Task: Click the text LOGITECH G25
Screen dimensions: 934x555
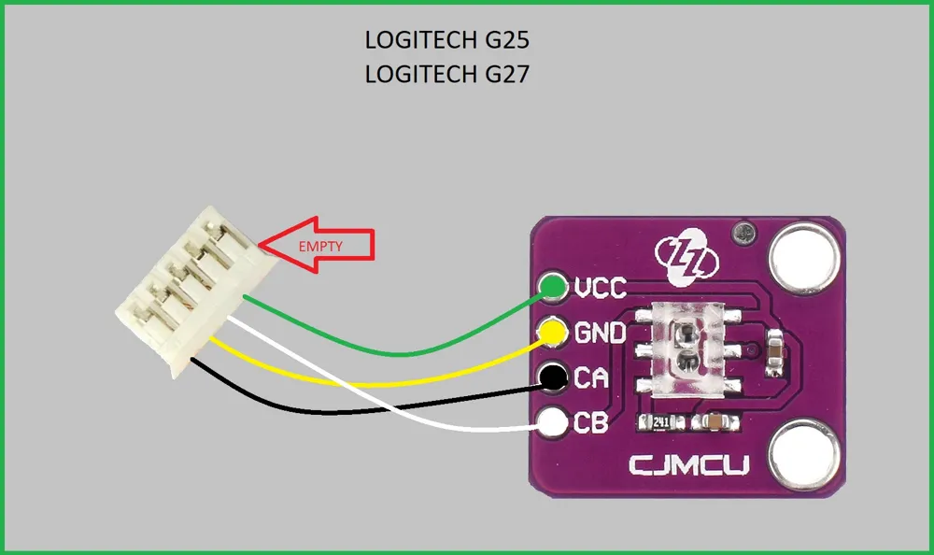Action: [x=446, y=40]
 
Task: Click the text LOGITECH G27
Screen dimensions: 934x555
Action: [x=446, y=75]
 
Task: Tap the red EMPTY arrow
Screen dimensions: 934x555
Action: [x=317, y=245]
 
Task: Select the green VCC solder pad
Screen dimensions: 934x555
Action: [x=552, y=288]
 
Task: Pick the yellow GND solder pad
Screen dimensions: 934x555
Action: [x=552, y=331]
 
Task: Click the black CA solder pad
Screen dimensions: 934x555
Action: [x=553, y=377]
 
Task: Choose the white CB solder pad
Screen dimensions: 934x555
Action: [x=553, y=422]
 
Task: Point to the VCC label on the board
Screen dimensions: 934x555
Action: [x=601, y=288]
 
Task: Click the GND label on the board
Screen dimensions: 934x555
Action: [x=600, y=333]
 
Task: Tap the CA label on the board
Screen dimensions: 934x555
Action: [x=591, y=378]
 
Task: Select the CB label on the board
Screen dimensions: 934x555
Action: [x=591, y=422]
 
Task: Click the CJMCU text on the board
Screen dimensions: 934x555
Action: [x=689, y=465]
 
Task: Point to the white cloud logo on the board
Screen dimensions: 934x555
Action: [x=686, y=256]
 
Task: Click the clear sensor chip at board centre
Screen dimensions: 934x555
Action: [x=688, y=349]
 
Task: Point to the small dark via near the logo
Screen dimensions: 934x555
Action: [x=744, y=232]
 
